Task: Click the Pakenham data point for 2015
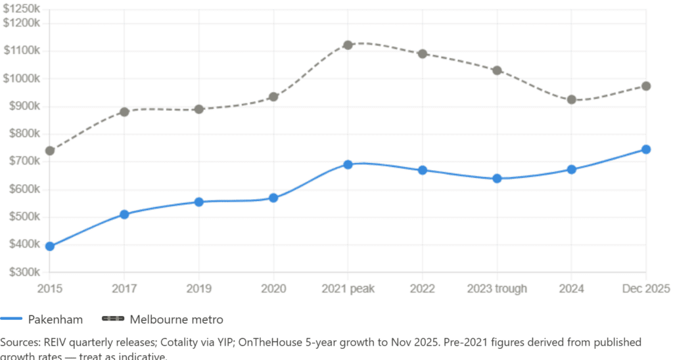click(49, 246)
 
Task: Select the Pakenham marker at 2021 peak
click(348, 164)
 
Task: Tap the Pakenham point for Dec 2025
click(646, 150)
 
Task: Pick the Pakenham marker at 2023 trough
click(497, 179)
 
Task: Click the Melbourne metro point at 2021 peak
click(348, 45)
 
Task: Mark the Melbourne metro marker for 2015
click(49, 150)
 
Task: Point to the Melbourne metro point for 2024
click(572, 100)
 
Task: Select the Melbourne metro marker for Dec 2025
click(646, 86)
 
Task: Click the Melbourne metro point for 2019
click(198, 109)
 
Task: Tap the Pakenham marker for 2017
click(124, 214)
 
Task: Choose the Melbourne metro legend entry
click(162, 320)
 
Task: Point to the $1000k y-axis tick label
click(22, 78)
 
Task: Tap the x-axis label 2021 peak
click(348, 290)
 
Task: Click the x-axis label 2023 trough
click(497, 290)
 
